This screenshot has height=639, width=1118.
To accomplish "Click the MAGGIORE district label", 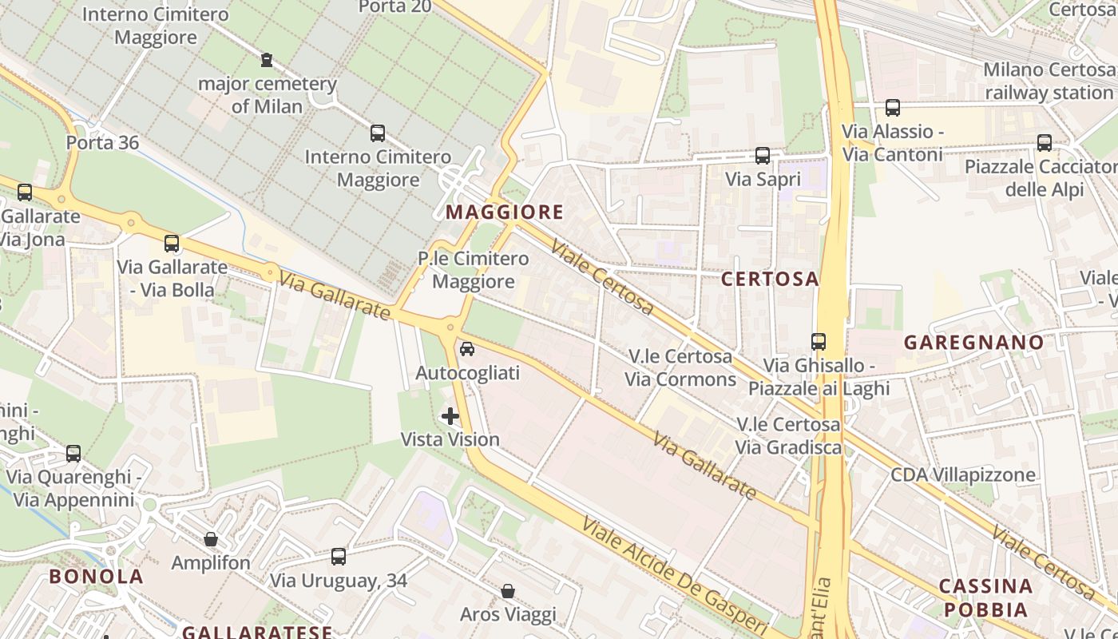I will coord(505,212).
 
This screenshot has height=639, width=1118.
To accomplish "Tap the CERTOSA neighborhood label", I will coord(770,279).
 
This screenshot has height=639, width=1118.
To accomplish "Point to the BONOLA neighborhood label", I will coord(96,576).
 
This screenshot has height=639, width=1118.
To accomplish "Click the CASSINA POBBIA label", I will coord(985,597).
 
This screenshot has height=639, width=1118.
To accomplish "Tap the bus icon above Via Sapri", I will coord(762,156).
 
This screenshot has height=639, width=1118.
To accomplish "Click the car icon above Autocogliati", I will coord(467,349).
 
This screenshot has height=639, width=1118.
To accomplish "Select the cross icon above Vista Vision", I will coord(450,415).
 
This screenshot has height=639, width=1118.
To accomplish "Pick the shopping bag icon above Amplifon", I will coord(211,539).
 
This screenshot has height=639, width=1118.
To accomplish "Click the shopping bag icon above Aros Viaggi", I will coord(508,591).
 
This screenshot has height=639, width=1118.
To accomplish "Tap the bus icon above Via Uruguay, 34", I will coord(339,557).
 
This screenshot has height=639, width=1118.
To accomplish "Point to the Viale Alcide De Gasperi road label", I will coord(675,577).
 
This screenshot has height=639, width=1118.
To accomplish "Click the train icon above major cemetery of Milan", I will coord(267,59).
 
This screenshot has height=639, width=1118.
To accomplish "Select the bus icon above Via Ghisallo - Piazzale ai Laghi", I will coord(819,342).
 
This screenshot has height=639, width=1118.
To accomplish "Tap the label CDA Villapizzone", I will coord(963,474).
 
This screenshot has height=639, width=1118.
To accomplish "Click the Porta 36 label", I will coord(102,143).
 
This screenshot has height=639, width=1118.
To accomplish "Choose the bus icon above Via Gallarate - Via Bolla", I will coord(172,244).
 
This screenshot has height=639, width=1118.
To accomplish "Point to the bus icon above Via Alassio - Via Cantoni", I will coord(893,107).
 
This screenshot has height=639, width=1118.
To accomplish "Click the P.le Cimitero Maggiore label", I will coord(474,270).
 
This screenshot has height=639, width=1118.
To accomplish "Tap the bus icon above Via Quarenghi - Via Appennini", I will coord(73,454).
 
